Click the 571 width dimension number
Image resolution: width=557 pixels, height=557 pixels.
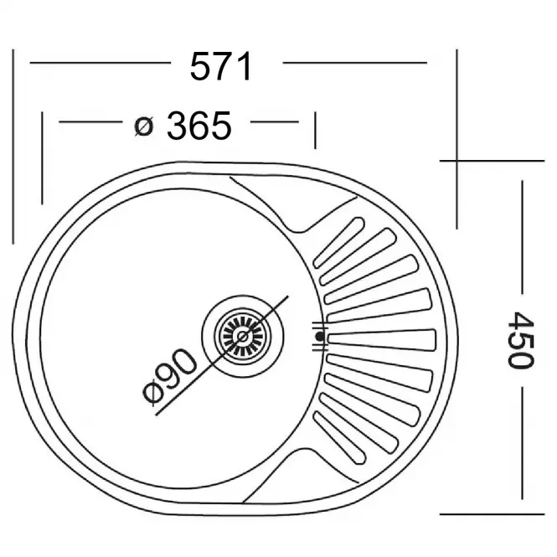coord(221,66)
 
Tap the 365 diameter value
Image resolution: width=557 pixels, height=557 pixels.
coord(199,126)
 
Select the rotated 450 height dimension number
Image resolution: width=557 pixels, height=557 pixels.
coord(520,340)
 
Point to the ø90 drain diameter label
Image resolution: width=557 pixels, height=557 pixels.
coord(168,377)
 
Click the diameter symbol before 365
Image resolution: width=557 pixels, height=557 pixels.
coord(144,126)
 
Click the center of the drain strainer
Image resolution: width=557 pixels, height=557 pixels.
coord(243,336)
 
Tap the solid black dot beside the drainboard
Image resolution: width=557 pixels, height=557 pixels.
coord(320,336)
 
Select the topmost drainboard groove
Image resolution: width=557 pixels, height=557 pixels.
coord(338,242)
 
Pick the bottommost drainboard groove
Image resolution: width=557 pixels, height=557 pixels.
coord(339,437)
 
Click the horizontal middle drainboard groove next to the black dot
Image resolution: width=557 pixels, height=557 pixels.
coord(381,340)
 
